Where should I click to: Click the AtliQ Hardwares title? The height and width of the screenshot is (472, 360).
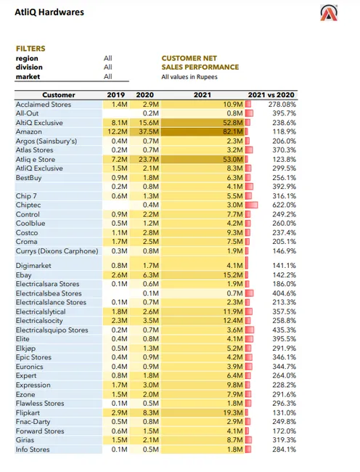point(49,12)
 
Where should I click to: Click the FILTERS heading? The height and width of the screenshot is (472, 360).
point(30,49)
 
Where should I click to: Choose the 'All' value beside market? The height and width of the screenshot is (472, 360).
point(108,76)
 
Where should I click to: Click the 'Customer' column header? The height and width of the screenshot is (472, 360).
point(58,95)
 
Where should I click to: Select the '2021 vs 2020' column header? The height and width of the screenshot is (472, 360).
point(271,95)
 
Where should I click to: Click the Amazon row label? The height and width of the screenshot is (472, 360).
point(30,132)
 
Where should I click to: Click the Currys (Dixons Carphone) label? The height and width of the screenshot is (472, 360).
point(57,251)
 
